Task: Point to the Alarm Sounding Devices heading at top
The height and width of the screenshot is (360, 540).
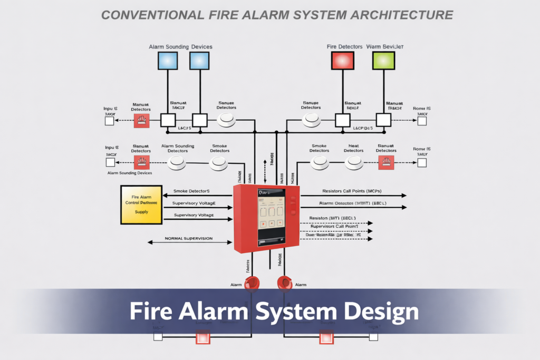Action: coord(180,47)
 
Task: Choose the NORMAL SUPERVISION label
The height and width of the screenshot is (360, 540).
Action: coord(189,238)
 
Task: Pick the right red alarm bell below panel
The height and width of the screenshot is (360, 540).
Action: coord(285,283)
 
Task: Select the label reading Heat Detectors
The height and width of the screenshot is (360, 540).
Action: coord(353,148)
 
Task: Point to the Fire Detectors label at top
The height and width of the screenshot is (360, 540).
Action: coord(344,47)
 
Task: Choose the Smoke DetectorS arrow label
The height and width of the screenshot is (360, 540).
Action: coord(191,190)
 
